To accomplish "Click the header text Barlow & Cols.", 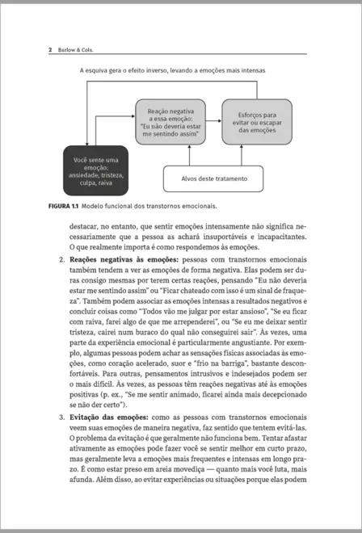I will click(x=74, y=50).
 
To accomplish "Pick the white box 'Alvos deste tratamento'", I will click(x=214, y=178).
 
